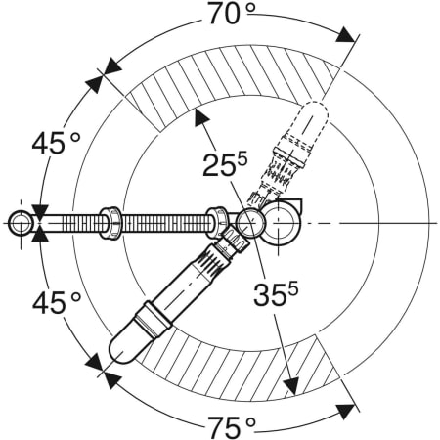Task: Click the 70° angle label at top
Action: point(231,14)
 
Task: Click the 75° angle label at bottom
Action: point(232,427)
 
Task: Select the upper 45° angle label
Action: point(56,143)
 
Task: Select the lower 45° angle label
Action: point(56,302)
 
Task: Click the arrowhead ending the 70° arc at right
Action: point(345,35)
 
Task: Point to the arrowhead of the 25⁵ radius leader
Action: point(201,117)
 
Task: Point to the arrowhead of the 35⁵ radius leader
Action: point(291,386)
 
